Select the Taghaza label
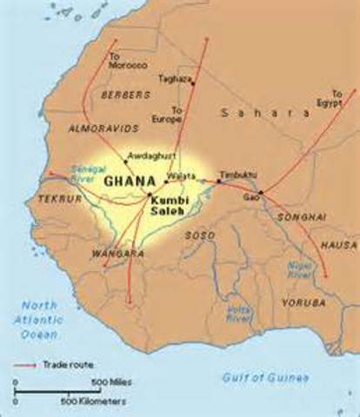click(174, 79)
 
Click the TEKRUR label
click(60, 199)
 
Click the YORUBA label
click(303, 303)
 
